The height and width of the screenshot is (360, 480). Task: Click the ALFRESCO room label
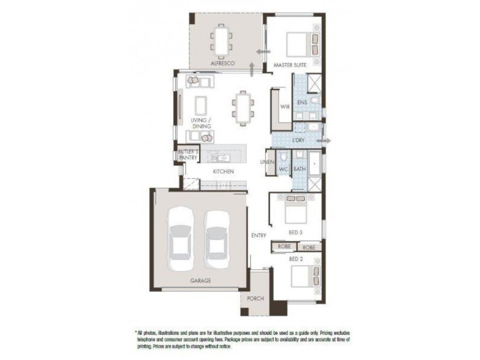pos(222,63)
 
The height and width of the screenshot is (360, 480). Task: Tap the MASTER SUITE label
pos(290,64)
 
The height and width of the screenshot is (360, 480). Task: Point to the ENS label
pos(302,103)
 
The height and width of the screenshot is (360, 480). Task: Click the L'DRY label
pos(298,140)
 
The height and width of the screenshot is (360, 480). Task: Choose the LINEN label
pos(268,162)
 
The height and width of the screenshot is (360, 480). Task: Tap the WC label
pos(284,170)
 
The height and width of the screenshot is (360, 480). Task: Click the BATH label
pos(299,170)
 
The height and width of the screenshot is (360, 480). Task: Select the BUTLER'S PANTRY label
pos(188,155)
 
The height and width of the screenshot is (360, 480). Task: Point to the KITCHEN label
pos(223,172)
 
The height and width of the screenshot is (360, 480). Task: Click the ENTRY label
pos(259,235)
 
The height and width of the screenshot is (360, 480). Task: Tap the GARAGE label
pos(201,280)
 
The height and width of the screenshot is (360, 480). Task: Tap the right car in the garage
pos(215,239)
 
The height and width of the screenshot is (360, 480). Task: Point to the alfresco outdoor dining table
pos(221,40)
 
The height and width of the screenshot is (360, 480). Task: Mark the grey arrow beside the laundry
pos(328,140)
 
